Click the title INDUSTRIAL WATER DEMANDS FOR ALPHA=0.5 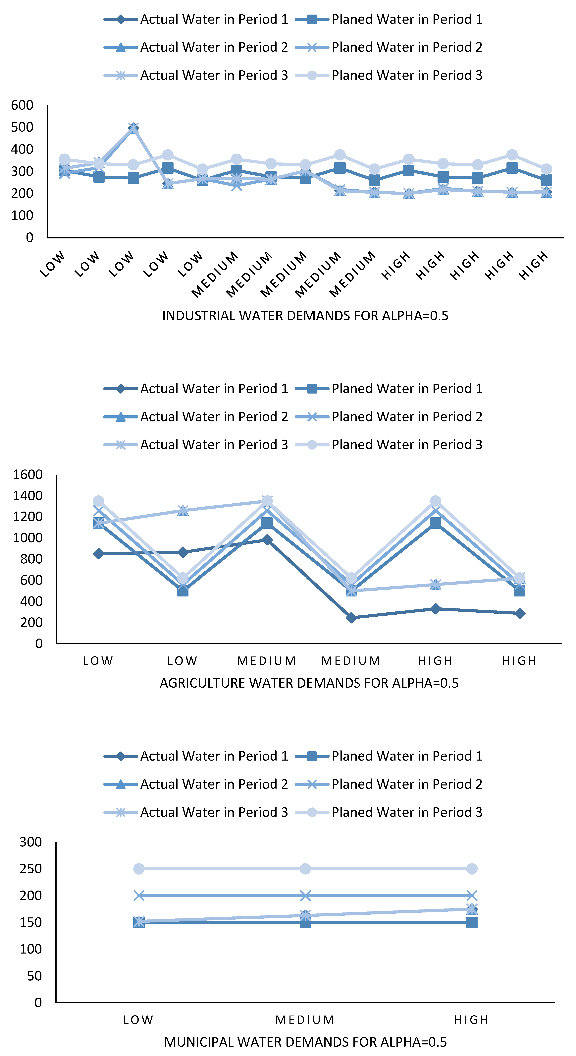(305, 316)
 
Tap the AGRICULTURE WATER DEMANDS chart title (309, 683)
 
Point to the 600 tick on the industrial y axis (22, 105)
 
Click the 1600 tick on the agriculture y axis (28, 475)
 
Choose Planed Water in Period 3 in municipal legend (407, 812)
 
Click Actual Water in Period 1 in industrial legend (214, 19)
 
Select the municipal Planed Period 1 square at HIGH (472, 922)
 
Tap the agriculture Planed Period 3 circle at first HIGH (436, 501)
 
